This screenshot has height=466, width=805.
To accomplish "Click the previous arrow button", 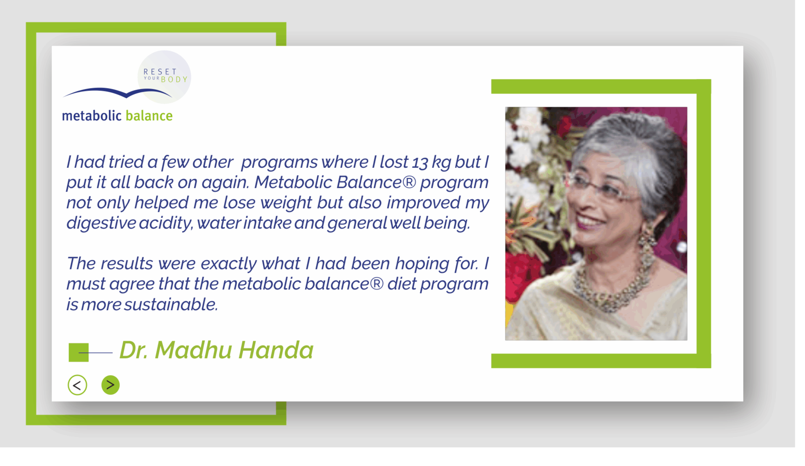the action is [77, 385].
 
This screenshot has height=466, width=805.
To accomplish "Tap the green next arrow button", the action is [110, 385].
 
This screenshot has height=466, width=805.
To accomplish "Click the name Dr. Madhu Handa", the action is [216, 350].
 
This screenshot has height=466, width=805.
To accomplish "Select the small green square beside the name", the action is [78, 352].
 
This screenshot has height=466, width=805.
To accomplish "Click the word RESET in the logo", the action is [160, 72].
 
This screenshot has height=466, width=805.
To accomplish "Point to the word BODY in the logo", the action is [174, 80].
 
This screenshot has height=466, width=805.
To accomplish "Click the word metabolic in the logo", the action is [92, 116].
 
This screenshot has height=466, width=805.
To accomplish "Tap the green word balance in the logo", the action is [149, 116].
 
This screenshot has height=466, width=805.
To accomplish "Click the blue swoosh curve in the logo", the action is [117, 92].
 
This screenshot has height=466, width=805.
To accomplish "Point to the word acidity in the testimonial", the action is [166, 224].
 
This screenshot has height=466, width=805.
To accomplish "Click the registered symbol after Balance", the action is [409, 182].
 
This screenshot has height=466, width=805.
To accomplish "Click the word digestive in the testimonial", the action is [101, 224].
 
